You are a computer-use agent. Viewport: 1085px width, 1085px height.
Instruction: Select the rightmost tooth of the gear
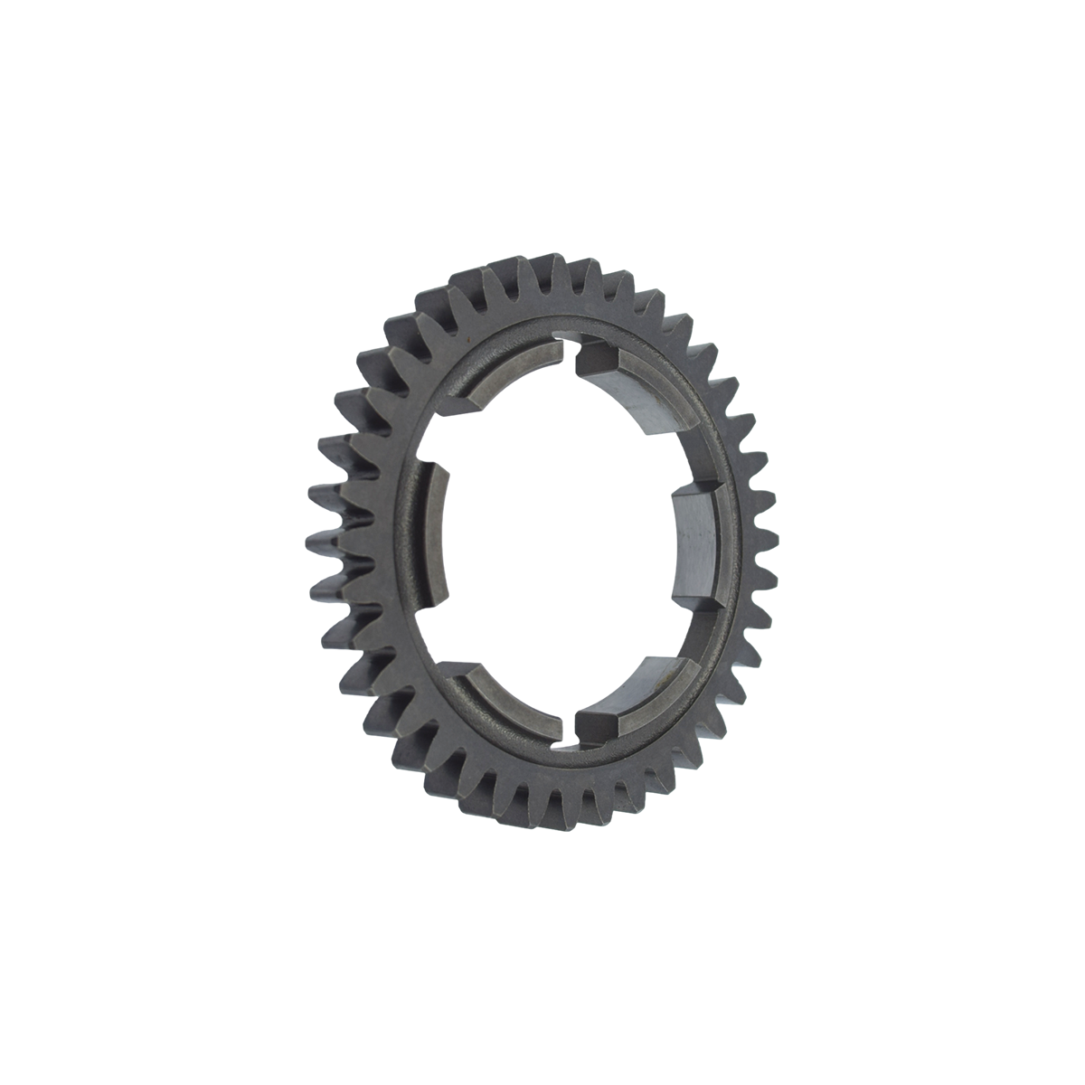tap(767, 542)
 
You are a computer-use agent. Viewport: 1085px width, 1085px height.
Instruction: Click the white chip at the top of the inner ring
tap(565, 342)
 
